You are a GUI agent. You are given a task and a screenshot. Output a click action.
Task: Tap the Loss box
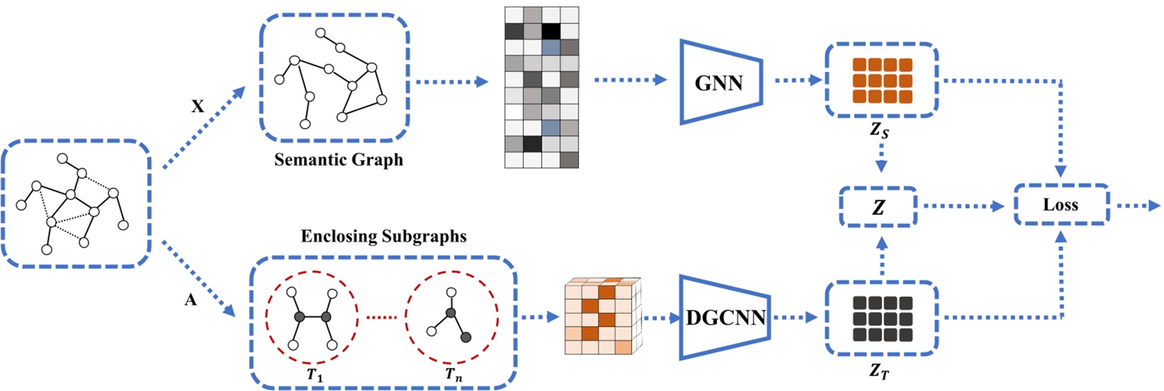coord(1061,205)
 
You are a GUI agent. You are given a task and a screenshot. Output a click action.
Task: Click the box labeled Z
coord(878,207)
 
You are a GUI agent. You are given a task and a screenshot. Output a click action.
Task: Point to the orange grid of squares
coord(881,80)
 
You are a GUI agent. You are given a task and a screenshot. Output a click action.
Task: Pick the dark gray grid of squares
coord(881,318)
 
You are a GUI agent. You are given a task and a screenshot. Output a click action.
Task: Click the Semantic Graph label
coord(338,160)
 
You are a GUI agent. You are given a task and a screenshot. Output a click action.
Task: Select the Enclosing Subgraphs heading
coord(383,236)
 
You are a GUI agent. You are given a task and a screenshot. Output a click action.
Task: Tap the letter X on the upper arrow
coord(198,107)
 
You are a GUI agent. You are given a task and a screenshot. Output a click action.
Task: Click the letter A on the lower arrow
coord(190,300)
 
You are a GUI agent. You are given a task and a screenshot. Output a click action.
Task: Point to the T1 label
coord(314,375)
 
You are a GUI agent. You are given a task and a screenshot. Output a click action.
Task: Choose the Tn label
coord(453,375)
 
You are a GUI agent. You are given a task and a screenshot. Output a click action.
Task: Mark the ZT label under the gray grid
coord(879,370)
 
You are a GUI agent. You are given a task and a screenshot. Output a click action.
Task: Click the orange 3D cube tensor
coord(602,316)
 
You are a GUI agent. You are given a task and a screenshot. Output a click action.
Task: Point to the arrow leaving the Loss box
coord(1139,206)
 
